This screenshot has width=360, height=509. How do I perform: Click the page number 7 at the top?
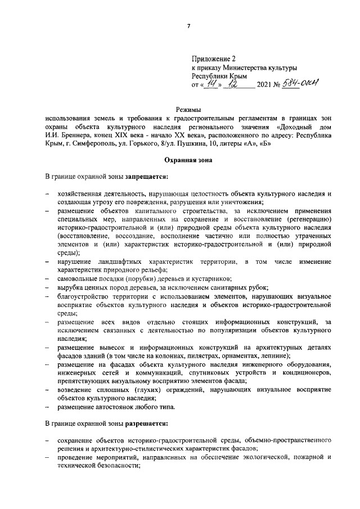point(188,26)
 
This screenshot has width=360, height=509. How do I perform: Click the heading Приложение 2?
point(212,58)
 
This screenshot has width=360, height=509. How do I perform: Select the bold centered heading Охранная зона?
point(188,160)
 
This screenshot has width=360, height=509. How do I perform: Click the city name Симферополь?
point(97,144)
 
